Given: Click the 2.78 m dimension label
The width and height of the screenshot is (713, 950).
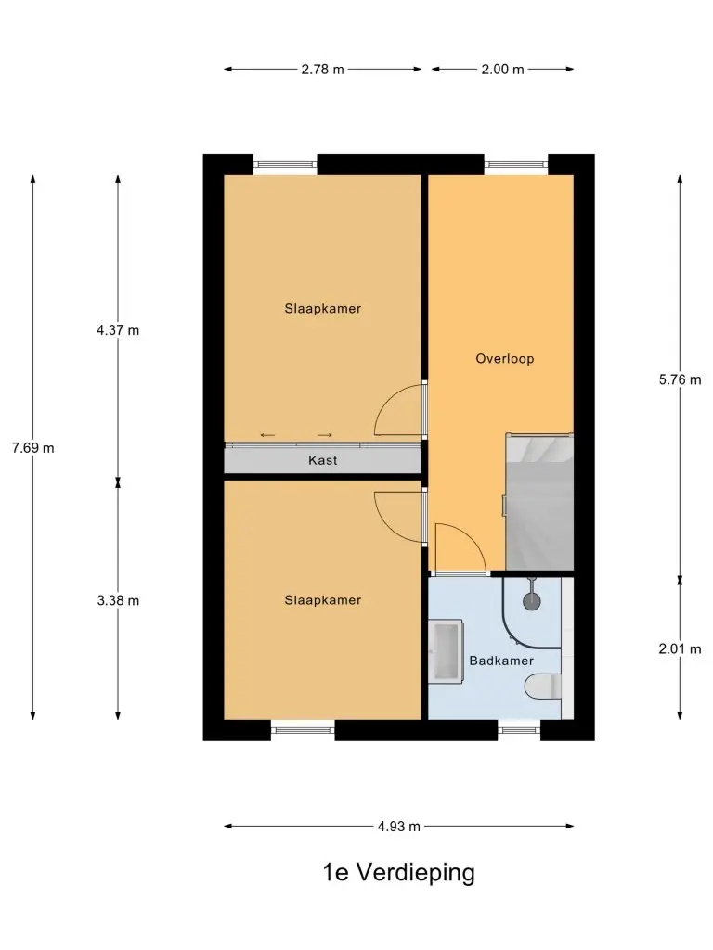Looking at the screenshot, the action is tap(322, 69).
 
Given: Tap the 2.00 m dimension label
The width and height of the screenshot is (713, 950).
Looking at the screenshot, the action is tap(502, 69).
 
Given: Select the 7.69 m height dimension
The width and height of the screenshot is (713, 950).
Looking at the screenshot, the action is tap(32, 448).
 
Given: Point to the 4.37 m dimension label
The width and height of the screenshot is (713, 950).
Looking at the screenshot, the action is tap(118, 330).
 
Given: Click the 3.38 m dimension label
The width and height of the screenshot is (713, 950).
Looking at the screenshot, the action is tap(118, 600).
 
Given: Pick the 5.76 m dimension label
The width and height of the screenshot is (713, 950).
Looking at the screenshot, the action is tap(680, 379).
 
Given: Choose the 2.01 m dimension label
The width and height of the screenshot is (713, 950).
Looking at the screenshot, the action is tap(680, 648).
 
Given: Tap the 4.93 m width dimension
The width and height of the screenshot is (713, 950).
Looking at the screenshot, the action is tap(399, 827).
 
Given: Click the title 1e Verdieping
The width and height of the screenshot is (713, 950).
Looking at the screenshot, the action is tap(399, 873).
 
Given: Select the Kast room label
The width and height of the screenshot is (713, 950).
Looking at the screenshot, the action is tap(322, 460).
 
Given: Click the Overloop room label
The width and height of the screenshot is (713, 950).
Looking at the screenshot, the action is tap(504, 359).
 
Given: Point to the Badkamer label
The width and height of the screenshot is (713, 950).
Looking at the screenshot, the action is tap(501, 661).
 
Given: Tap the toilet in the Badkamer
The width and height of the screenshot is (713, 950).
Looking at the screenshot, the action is tap(542, 687).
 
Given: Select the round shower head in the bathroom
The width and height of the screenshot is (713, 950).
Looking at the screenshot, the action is tap(532, 600).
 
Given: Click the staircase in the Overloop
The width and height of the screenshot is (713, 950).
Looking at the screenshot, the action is tap(539, 502).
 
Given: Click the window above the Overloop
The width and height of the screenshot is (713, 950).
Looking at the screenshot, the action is tap(516, 164).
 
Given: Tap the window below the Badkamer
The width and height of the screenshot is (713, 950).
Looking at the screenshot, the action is tap(519, 730).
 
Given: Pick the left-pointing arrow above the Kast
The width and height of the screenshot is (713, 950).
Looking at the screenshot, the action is tap(267, 435).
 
